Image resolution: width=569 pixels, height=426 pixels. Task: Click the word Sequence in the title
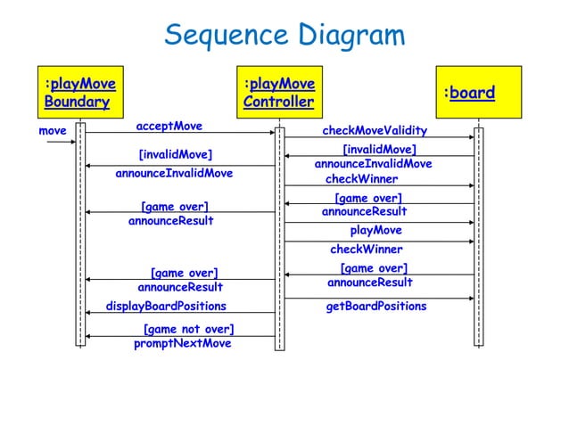[x=222, y=36]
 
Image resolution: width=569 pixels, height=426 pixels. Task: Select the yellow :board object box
[x=477, y=94]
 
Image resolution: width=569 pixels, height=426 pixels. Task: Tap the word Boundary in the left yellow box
[x=77, y=102]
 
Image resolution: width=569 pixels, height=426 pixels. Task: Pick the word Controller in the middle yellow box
[x=278, y=102]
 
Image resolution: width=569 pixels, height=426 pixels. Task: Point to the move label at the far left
[x=53, y=130]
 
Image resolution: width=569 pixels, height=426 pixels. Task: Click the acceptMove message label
[x=169, y=126]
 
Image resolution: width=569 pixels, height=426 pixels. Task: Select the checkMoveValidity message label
[x=374, y=131]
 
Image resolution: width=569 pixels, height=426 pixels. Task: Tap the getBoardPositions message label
[x=375, y=307]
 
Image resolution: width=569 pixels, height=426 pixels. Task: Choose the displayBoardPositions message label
[x=166, y=307]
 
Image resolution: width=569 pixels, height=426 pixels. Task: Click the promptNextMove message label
[x=182, y=344]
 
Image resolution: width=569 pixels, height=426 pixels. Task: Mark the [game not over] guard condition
[x=188, y=330]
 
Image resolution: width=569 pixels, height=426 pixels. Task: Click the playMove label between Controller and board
[x=375, y=231]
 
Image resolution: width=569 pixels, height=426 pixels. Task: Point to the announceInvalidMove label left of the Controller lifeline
[x=174, y=173]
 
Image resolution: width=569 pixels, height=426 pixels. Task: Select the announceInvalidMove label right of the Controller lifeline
[x=373, y=164]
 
